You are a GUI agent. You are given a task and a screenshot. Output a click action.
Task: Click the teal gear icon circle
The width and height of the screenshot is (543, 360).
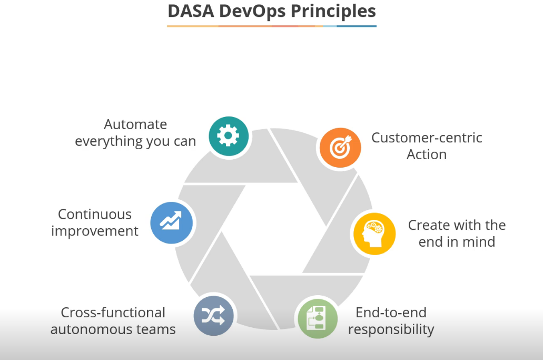(x=228, y=135)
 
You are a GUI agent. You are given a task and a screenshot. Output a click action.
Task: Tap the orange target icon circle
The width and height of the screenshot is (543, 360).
(x=340, y=148)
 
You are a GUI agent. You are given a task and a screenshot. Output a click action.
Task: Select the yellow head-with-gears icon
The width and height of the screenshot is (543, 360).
(x=374, y=233)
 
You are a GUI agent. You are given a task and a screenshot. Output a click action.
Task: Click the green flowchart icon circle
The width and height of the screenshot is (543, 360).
(x=318, y=318)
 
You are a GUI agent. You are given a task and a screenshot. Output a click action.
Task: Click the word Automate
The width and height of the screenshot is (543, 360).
(x=135, y=124)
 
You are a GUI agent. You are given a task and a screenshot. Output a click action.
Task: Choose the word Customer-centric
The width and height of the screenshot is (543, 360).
(x=427, y=138)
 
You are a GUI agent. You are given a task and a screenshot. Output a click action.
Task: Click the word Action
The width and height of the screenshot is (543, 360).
(x=427, y=155)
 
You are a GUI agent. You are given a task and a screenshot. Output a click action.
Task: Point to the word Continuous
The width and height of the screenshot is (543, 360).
(x=95, y=214)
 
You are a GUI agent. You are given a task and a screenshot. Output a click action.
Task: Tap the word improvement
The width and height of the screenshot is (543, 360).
(x=95, y=231)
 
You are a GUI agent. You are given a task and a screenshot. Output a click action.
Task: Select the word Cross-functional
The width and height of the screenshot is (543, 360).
(x=113, y=313)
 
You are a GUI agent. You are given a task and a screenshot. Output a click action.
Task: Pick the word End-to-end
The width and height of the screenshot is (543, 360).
(x=391, y=313)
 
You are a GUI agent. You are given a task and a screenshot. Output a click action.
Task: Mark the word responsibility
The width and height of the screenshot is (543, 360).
(x=391, y=329)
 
